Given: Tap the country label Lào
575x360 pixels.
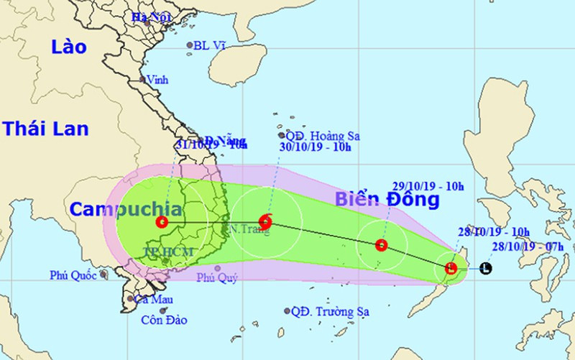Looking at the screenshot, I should pos(69,47).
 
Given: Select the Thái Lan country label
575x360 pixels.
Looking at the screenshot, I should pos(45,129).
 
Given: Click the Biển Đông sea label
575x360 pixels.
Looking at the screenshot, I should pos(387,200).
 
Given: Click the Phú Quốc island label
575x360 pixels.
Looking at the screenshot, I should pos(73,274).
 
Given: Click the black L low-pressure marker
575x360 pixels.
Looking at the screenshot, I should pos(486,269).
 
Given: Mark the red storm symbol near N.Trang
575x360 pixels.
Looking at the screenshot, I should pos(264,221).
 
